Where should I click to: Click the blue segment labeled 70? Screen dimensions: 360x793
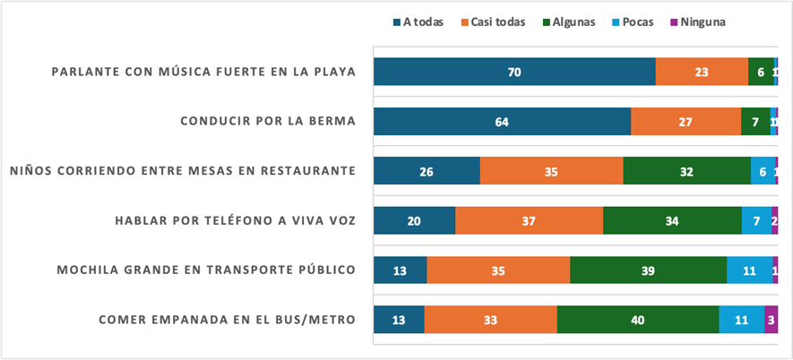tap(514, 72)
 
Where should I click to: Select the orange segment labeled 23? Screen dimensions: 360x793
tap(702, 72)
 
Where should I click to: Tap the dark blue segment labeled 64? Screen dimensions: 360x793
tap(502, 121)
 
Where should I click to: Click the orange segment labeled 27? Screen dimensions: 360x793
tap(685, 121)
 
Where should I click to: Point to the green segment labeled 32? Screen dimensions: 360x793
tap(686, 170)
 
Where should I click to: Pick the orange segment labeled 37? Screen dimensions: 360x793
tap(529, 219)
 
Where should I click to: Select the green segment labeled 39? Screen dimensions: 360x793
tap(648, 269)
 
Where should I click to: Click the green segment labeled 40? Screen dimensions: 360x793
tap(638, 318)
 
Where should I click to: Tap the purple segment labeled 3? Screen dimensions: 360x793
tap(771, 318)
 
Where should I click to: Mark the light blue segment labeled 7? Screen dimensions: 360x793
tap(756, 219)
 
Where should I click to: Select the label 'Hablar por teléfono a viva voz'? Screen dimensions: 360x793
tap(235, 219)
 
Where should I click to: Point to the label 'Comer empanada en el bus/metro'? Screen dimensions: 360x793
tap(227, 318)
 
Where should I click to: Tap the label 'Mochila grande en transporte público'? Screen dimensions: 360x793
tap(205, 269)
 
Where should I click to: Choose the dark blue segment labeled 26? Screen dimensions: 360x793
tap(427, 170)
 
